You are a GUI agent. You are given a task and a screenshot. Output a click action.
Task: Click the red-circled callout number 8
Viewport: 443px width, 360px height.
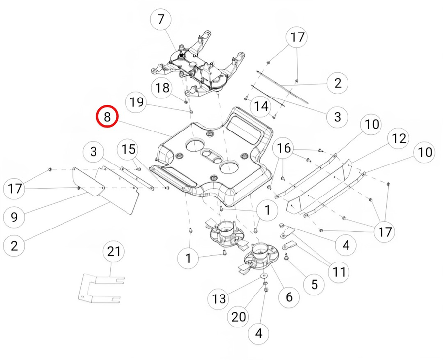(x=107, y=116)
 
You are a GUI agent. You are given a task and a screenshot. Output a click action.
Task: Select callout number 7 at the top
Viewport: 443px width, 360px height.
(x=161, y=20)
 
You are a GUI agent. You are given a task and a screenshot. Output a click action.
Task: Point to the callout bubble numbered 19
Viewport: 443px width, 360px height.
(x=137, y=102)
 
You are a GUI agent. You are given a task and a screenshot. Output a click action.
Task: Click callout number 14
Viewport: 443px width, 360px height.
(x=261, y=106)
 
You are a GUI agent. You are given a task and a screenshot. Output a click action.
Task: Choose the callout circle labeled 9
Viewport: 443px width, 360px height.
(x=14, y=217)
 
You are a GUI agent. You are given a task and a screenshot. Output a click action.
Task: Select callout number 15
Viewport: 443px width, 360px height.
(x=127, y=149)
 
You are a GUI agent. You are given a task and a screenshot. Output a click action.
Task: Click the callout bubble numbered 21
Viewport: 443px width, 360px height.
(x=114, y=252)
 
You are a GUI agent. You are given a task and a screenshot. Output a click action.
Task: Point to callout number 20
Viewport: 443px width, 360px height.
(x=239, y=317)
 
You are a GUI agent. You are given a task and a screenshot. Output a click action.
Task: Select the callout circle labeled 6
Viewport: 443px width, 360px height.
(x=289, y=297)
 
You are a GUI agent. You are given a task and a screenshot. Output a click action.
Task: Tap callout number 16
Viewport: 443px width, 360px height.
(x=284, y=148)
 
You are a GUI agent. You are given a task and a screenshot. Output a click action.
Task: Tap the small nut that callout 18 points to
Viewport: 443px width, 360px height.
(x=186, y=102)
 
